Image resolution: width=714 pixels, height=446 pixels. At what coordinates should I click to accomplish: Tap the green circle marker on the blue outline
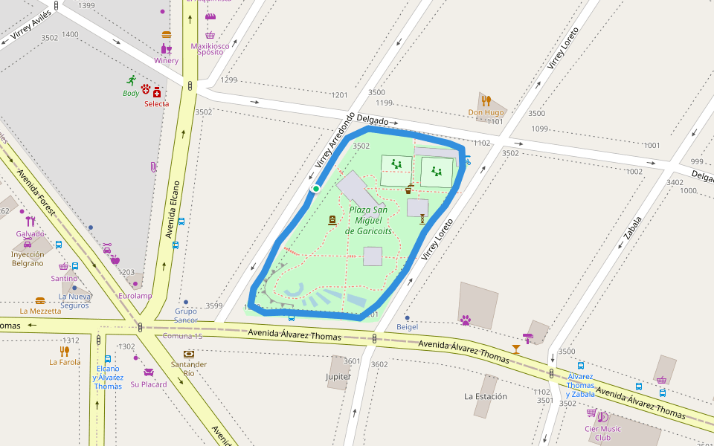[x=315, y=189]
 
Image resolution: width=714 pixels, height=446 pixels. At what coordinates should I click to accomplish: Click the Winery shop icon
[x=167, y=49]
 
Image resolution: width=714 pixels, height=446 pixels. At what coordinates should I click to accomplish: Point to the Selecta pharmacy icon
[x=157, y=92]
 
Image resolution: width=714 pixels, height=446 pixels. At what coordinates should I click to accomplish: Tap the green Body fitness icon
[x=132, y=80]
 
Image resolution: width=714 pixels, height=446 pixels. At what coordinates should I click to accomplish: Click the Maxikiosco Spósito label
[x=210, y=49]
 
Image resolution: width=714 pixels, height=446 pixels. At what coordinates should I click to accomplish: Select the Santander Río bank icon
[x=189, y=354]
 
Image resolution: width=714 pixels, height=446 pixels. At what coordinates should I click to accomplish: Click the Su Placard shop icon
[x=149, y=372]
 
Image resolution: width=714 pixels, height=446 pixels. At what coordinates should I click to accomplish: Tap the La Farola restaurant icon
[x=65, y=351]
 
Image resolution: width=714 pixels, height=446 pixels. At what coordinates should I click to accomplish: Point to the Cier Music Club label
[x=602, y=433]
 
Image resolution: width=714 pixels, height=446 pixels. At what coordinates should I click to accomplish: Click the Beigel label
[x=407, y=327]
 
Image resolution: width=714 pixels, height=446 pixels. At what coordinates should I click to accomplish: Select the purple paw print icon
[x=466, y=320]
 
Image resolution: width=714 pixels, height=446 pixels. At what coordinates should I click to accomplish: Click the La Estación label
[x=485, y=396]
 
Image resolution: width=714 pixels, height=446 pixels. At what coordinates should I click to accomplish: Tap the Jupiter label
[x=338, y=377]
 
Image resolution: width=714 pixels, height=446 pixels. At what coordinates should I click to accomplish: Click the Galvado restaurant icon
[x=30, y=222]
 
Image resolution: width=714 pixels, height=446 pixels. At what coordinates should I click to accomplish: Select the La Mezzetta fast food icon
[x=40, y=301]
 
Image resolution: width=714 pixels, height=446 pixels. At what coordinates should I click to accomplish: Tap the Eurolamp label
[x=135, y=296]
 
